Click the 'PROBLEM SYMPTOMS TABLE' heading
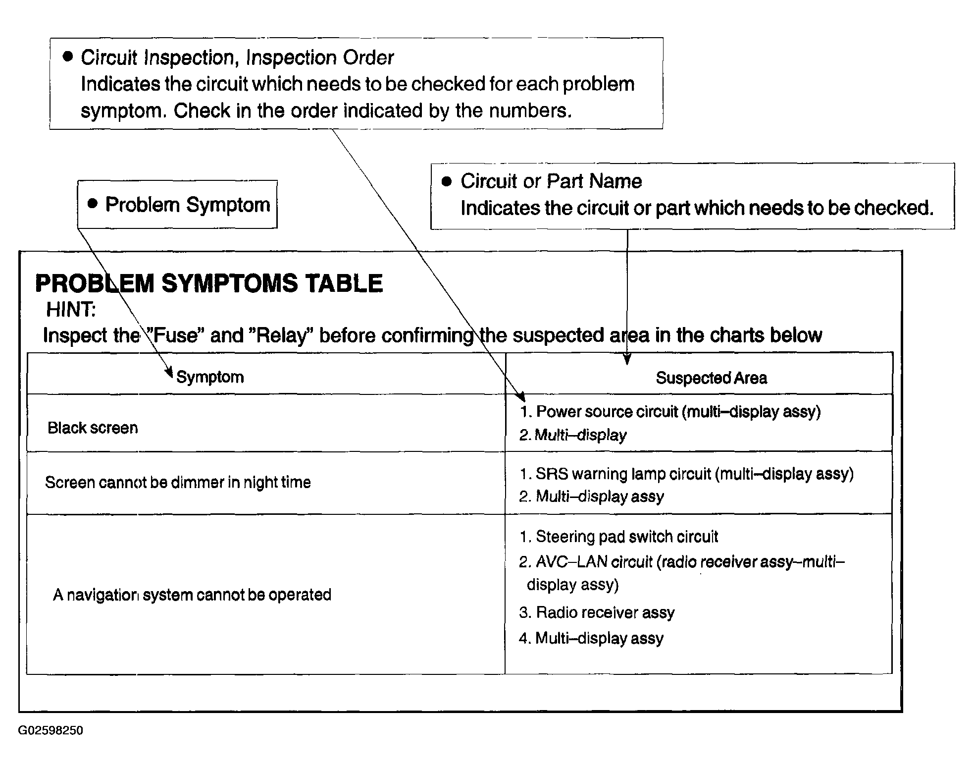(x=208, y=283)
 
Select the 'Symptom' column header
(x=210, y=377)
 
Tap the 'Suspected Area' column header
(x=711, y=378)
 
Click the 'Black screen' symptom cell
(x=93, y=428)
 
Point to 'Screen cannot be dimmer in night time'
(x=178, y=482)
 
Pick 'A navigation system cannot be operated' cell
(x=192, y=595)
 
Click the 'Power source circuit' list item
(x=670, y=412)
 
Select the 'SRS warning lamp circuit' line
(x=686, y=474)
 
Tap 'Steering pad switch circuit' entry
(x=618, y=537)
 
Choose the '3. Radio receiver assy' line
(x=597, y=612)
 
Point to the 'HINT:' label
(x=71, y=310)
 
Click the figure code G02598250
(x=51, y=730)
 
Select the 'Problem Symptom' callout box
(x=177, y=204)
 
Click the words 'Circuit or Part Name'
(x=551, y=181)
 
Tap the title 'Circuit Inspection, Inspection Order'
(x=237, y=58)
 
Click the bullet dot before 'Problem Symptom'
(x=92, y=203)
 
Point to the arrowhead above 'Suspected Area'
(x=627, y=360)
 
